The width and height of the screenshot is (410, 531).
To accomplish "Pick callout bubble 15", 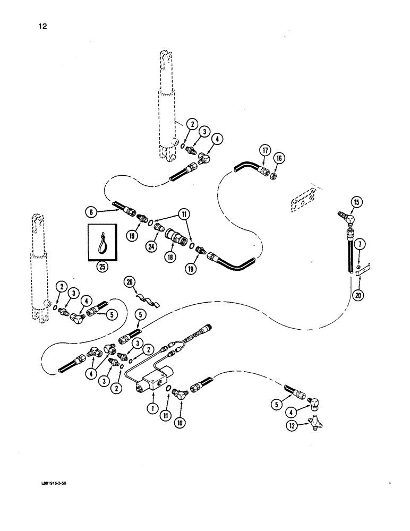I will click(356, 203).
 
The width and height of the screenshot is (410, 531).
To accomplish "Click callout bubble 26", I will click(129, 281).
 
